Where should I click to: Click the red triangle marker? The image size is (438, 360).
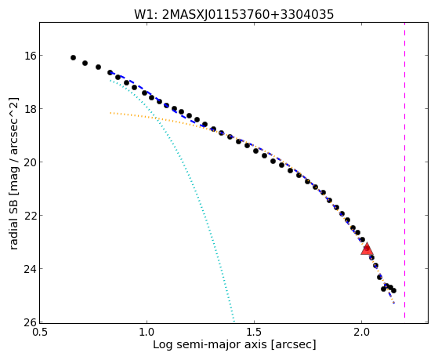[367, 249]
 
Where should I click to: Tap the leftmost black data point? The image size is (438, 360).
[73, 57]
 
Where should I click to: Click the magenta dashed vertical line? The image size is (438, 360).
[404, 170]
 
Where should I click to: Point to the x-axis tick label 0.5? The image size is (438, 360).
[39, 333]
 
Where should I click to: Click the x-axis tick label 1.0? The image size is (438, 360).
[147, 333]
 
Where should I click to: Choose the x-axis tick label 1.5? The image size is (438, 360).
[254, 333]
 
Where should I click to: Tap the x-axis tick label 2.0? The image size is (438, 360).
[361, 333]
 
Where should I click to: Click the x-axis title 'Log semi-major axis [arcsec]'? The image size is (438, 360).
[234, 345]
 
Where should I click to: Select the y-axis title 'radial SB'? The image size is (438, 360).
[13, 221]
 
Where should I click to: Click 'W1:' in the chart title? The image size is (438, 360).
[146, 15]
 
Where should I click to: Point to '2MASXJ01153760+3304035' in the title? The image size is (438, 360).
[248, 15]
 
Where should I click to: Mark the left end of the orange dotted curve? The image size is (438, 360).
[110, 113]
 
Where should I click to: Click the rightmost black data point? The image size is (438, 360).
[393, 291]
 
